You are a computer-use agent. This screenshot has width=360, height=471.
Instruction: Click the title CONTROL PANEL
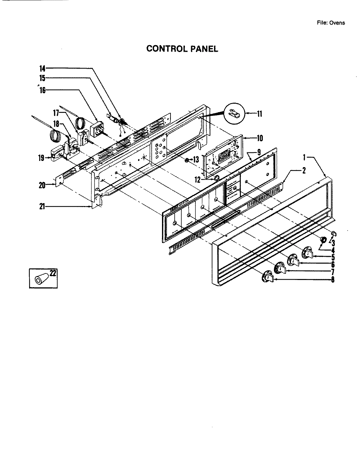[x=182, y=49]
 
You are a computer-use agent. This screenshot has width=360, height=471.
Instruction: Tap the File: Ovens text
[x=331, y=23]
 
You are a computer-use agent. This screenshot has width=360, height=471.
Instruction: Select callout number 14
[x=42, y=69]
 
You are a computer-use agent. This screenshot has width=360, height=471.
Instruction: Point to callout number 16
[x=42, y=90]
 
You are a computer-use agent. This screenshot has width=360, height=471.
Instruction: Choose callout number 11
[x=259, y=114]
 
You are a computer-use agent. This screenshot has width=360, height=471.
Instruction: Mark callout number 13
[x=196, y=160]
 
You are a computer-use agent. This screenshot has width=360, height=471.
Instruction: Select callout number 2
[x=304, y=170]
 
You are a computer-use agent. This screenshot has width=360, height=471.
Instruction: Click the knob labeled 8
[x=267, y=277]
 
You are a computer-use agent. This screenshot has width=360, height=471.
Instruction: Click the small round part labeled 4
[x=322, y=240]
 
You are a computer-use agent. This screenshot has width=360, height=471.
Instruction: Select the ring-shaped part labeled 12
[x=216, y=178]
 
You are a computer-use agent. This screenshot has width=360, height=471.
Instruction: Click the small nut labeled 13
[x=187, y=160]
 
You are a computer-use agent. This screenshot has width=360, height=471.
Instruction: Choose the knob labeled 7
[x=281, y=268]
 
